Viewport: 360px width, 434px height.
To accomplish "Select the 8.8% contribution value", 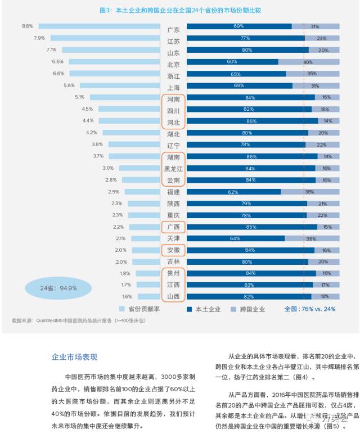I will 28,26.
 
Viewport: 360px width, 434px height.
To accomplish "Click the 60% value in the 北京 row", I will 232,62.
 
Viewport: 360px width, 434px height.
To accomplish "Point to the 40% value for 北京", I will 308,62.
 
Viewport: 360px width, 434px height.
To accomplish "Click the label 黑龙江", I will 173,169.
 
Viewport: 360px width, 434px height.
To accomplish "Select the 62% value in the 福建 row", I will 233,192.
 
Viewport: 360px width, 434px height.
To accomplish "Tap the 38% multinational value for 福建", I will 309,192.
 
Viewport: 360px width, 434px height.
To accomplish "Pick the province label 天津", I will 173,238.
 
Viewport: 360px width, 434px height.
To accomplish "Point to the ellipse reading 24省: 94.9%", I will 58,288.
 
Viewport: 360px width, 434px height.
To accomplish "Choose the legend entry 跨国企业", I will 248,309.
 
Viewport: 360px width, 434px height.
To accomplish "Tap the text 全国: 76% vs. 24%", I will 309,309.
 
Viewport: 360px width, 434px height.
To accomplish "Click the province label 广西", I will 173,227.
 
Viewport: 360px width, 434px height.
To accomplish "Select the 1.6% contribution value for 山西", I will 127,296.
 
